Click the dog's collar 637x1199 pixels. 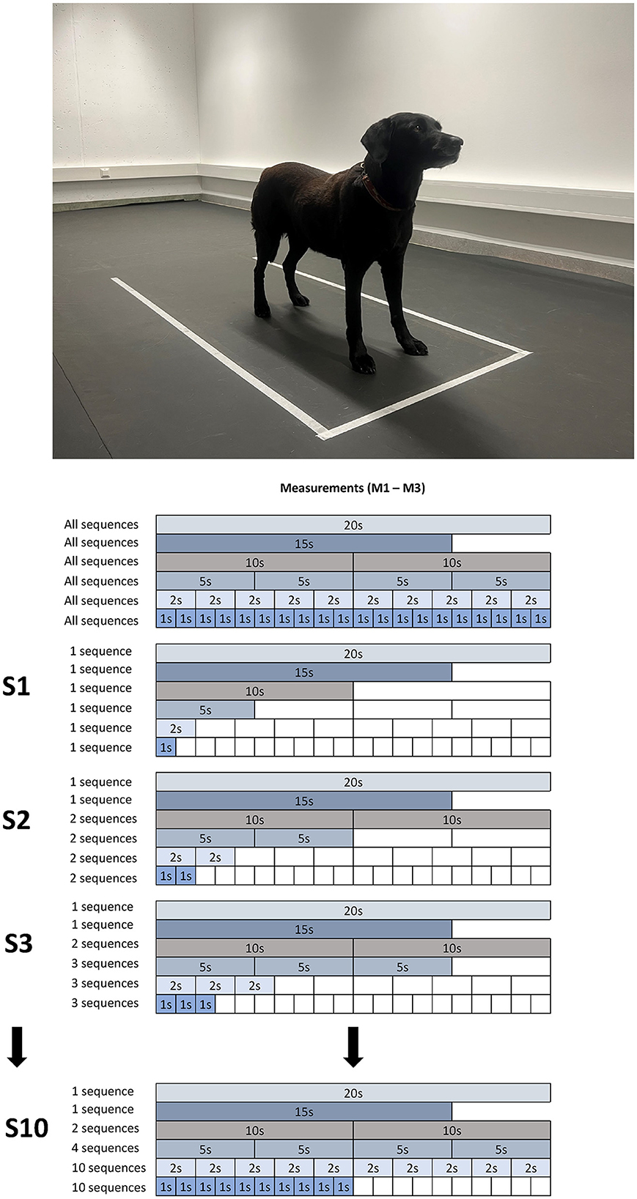[382, 193]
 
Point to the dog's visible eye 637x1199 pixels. [419, 127]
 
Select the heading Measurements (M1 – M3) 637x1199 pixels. [353, 488]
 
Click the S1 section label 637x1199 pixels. [16, 686]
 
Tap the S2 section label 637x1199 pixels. [16, 820]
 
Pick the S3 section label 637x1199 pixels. [18, 943]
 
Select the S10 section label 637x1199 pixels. [26, 1128]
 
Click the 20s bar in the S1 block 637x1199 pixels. [353, 653]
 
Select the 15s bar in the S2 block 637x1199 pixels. [303, 801]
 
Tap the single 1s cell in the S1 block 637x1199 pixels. [166, 748]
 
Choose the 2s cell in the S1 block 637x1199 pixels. [176, 729]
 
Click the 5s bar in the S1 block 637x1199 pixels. [205, 710]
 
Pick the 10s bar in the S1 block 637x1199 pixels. [254, 691]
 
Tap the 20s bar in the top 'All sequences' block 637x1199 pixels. [353, 524]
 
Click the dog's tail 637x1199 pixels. [257, 220]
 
